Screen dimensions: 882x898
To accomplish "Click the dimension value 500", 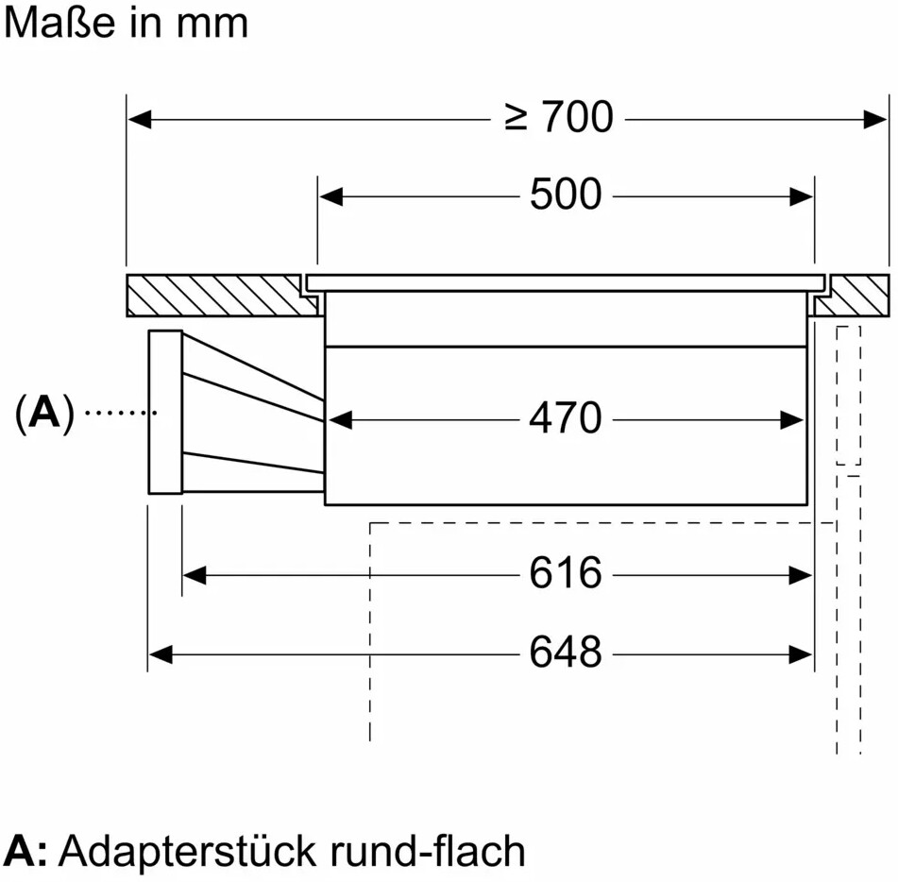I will (x=565, y=195).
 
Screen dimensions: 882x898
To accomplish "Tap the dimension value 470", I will (x=565, y=418).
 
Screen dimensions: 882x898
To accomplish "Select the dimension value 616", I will (x=565, y=573).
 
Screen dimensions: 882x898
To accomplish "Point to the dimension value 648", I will (x=565, y=653).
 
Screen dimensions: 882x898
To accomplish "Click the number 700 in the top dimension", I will (x=578, y=118).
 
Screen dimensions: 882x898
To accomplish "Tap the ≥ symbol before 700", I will (x=517, y=118).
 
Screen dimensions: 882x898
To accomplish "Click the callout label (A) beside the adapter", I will (x=44, y=414).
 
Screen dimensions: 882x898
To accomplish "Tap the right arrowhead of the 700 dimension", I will (x=876, y=119).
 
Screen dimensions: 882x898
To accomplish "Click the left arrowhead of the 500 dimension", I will (x=330, y=196).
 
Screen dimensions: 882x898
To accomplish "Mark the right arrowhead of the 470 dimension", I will (x=791, y=419).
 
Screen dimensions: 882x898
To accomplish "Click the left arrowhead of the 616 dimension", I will (x=195, y=574).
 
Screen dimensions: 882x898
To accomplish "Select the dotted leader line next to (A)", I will (x=121, y=413).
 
